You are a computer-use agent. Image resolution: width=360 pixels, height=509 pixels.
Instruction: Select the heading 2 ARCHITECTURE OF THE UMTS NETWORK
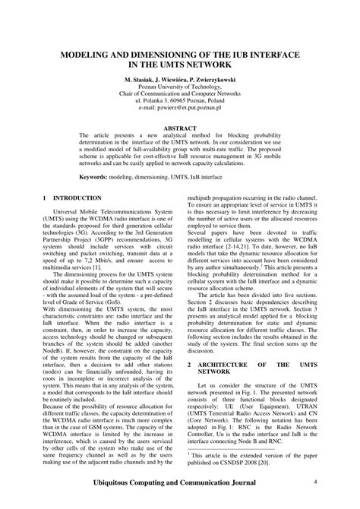pyautogui.click(x=251, y=368)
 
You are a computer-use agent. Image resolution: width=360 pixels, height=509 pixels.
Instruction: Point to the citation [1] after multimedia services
pyautogui.click(x=96, y=268)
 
